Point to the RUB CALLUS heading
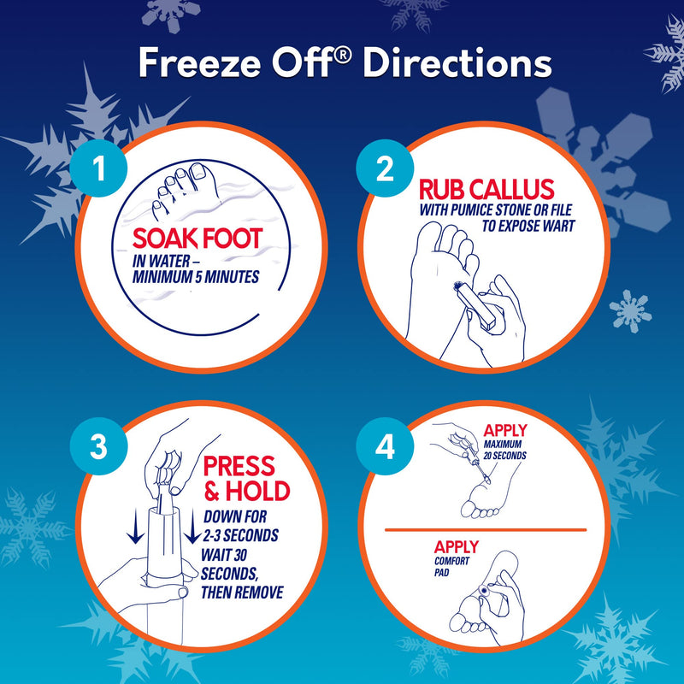486,190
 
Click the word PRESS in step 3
238,467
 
